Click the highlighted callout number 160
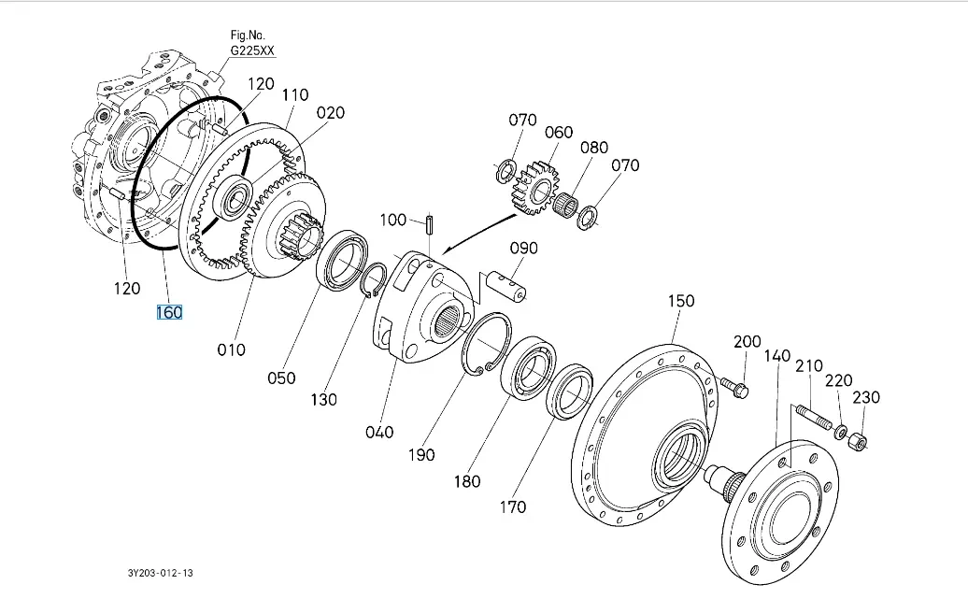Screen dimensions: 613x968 (169, 312)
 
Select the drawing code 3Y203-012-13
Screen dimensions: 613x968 (167, 572)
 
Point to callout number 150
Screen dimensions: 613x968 (681, 301)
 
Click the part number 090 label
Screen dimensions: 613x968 (523, 249)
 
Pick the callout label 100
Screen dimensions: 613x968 (393, 220)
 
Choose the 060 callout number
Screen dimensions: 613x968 (559, 132)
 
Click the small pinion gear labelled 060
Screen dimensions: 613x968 (533, 188)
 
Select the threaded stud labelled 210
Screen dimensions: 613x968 (812, 417)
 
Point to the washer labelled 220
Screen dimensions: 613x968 (840, 432)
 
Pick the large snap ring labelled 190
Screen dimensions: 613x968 (486, 346)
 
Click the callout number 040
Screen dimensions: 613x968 (380, 432)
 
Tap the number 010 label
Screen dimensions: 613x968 (231, 349)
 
